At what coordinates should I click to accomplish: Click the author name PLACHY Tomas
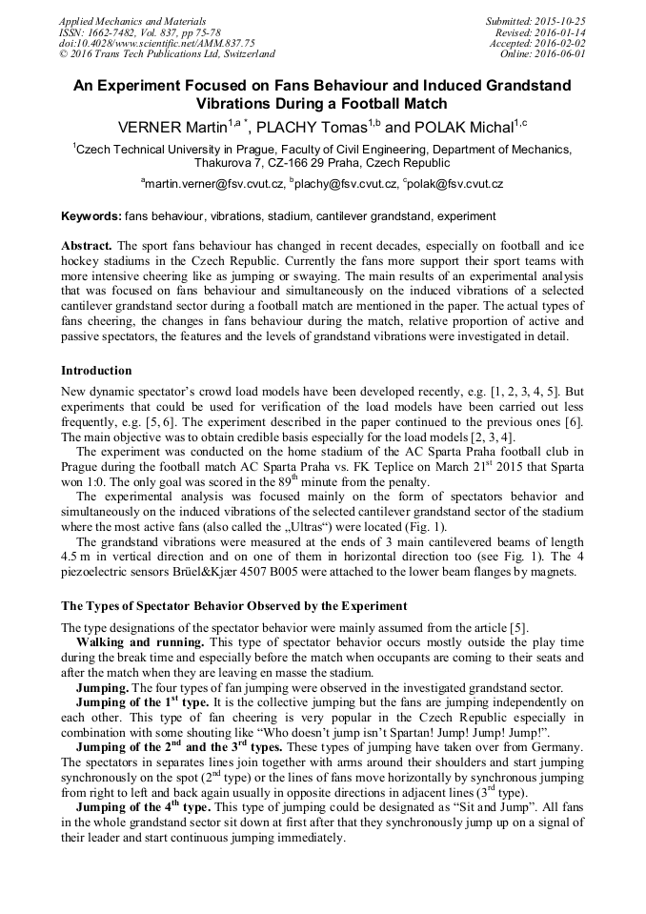(320, 127)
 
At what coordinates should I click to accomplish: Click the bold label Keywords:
(91, 217)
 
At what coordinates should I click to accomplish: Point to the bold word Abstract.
(87, 245)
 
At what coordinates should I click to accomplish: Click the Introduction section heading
(96, 371)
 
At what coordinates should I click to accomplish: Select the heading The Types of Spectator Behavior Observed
(233, 605)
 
